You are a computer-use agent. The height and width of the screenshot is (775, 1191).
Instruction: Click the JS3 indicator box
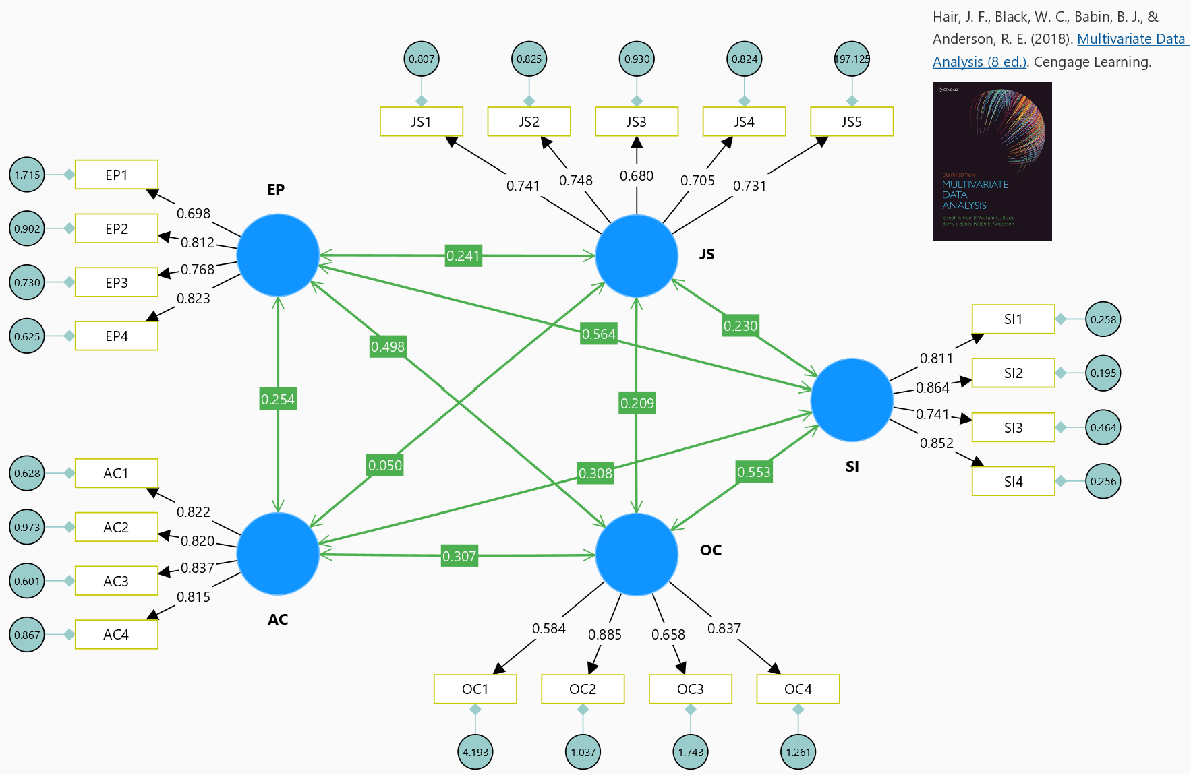click(636, 122)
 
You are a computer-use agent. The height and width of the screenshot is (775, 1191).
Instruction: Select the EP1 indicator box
click(116, 175)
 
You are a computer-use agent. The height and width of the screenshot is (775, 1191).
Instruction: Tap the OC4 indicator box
click(798, 689)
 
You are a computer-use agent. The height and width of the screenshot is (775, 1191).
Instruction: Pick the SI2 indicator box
click(1013, 373)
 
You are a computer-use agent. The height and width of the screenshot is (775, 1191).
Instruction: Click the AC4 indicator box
click(116, 635)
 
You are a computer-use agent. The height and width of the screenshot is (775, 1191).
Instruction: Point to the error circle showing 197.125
click(852, 59)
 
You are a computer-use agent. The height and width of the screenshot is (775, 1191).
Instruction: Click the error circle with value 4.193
click(475, 752)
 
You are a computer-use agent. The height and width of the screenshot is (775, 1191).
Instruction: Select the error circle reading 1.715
click(27, 175)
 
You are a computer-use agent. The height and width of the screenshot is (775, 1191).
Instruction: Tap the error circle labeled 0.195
click(1103, 373)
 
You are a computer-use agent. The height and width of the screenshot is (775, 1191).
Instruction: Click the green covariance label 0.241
click(463, 256)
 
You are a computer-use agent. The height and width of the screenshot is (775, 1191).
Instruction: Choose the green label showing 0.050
click(385, 465)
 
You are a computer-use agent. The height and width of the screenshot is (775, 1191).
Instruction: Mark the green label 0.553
click(753, 472)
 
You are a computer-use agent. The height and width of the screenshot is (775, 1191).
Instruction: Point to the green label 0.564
click(599, 334)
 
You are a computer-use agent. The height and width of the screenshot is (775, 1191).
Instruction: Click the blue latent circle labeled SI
click(852, 400)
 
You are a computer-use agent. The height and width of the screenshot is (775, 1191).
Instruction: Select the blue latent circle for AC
click(278, 554)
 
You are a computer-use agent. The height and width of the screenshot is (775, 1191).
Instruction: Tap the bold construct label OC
click(711, 550)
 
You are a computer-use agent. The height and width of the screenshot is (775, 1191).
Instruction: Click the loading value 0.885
click(604, 635)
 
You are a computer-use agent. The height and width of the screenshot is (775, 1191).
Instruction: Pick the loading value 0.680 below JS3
click(637, 176)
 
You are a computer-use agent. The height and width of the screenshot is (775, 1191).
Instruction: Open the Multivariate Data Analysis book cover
click(992, 162)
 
